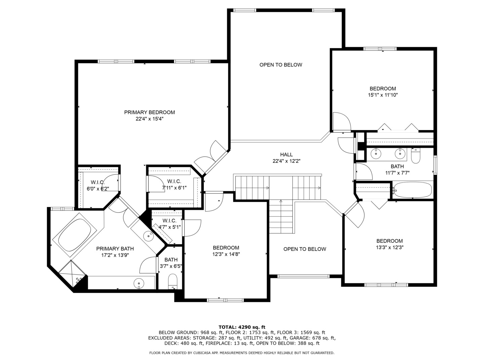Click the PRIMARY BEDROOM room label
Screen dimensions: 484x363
point(150,112)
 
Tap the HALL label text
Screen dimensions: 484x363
point(286,155)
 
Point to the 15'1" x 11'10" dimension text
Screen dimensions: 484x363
point(383,95)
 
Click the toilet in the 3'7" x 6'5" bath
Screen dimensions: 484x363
point(173,281)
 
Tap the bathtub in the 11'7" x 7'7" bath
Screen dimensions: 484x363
point(413,190)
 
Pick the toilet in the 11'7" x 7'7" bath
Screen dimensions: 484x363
point(416,155)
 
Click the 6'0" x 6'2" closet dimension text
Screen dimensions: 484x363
point(98,189)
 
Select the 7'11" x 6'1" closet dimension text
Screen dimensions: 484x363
point(174,188)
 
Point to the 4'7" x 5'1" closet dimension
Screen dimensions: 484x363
point(169,227)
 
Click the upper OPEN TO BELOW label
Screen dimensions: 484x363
point(281,65)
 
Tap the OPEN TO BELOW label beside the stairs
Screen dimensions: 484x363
point(305,249)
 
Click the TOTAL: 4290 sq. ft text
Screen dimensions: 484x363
point(242,327)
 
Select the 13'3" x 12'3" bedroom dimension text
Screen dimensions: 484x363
point(390,247)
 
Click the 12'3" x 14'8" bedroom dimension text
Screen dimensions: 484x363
point(226,254)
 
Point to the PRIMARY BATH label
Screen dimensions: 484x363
point(115,249)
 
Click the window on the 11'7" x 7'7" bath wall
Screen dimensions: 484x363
point(435,165)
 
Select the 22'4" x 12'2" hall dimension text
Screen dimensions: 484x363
point(286,161)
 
